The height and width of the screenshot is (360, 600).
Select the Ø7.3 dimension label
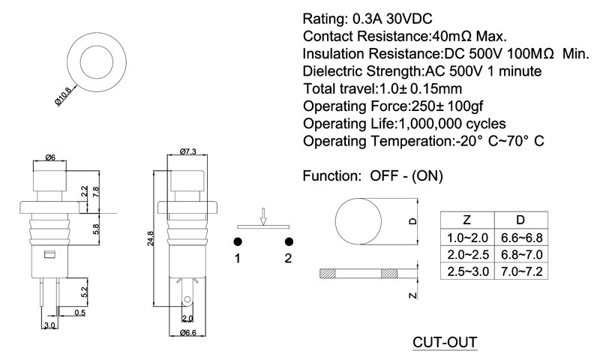[188, 152]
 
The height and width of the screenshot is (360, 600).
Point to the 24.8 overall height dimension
[151, 238]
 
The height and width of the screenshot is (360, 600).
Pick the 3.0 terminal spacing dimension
[49, 326]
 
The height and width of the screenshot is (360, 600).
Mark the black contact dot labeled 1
[237, 241]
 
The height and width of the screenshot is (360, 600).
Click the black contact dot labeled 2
[288, 241]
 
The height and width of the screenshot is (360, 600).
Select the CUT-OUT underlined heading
[445, 343]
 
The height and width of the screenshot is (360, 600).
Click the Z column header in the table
[466, 220]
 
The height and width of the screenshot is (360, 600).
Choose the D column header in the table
[520, 220]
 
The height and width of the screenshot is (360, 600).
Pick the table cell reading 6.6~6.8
[520, 238]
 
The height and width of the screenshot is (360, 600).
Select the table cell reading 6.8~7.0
[520, 255]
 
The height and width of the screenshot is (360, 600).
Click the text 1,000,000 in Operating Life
[434, 123]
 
